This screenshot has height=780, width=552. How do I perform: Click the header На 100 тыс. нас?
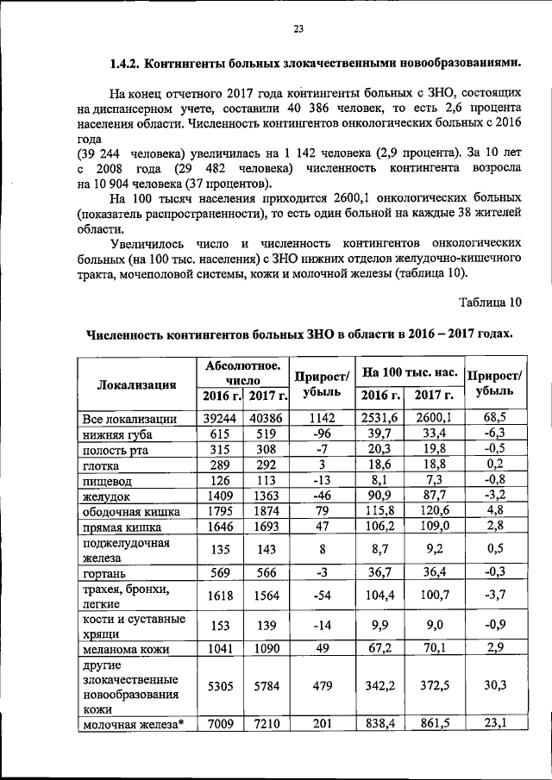click(x=409, y=372)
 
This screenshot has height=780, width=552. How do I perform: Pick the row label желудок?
click(x=106, y=496)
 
